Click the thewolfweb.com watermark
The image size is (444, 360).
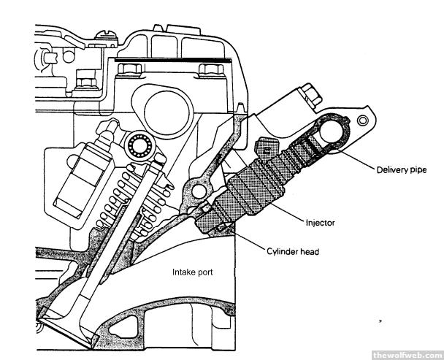click(406, 354)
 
